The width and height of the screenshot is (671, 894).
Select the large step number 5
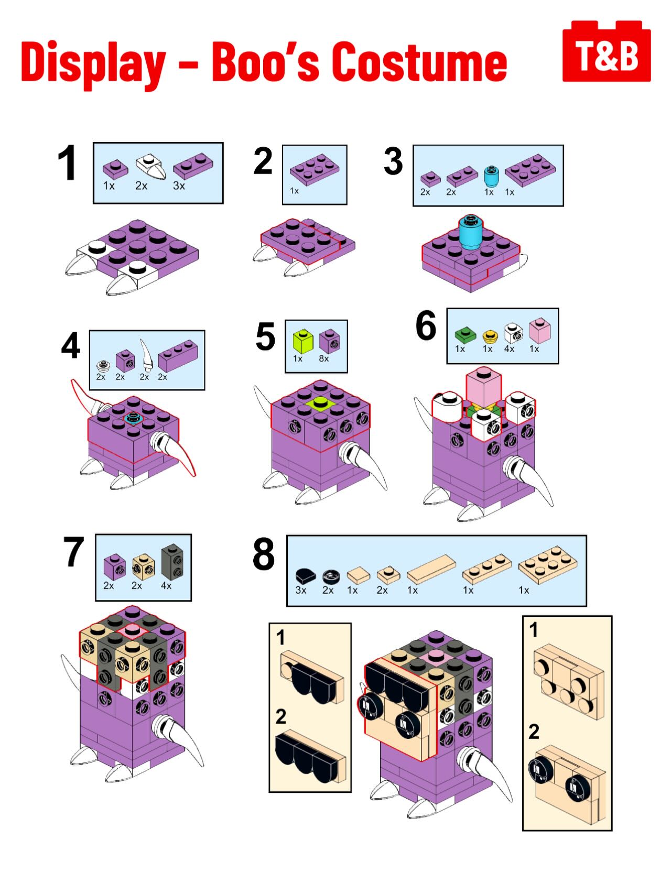265,336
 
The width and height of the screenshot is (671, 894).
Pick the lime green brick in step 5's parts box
303,341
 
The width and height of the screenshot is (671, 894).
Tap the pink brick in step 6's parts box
540,331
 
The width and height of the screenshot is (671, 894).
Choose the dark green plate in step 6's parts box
465,334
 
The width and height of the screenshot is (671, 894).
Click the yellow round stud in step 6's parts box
490,335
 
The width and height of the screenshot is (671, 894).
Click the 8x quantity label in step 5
324,359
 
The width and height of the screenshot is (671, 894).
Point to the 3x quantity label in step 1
179,186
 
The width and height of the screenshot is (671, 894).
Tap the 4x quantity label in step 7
166,586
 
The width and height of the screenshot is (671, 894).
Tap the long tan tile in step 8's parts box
431,569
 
